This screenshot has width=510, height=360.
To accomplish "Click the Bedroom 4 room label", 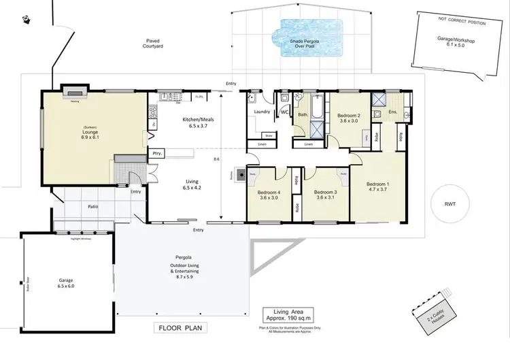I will [269, 193].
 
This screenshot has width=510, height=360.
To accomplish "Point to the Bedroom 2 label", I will [348, 116].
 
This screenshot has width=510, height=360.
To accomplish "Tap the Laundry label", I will [262, 112].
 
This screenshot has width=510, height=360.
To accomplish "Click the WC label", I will [284, 112].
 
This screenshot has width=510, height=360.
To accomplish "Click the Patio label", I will [94, 206].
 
